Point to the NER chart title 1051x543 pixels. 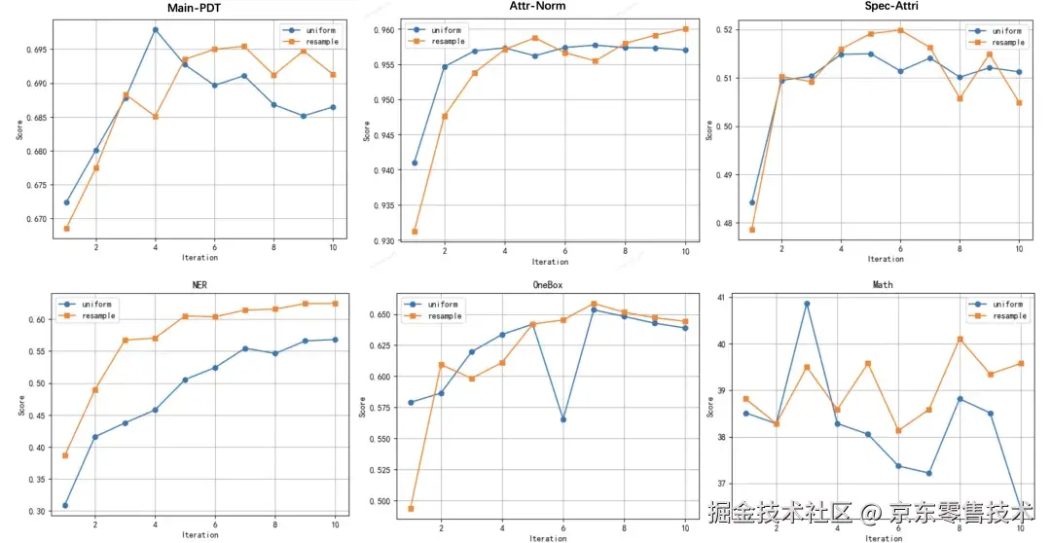pos(199,285)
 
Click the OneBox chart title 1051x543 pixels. pos(549,285)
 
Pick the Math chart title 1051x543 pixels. pos(884,285)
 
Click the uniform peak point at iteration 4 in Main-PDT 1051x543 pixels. pos(155,29)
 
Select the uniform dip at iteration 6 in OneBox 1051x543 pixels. pos(562,419)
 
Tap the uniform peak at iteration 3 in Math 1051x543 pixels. pos(807,304)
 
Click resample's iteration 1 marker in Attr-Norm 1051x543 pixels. pos(415,232)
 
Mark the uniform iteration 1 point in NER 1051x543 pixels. pos(65,505)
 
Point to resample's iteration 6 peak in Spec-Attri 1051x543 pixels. pos(900,30)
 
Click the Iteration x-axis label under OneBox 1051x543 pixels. pos(549,537)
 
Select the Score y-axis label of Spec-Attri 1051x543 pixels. pos(710,129)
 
